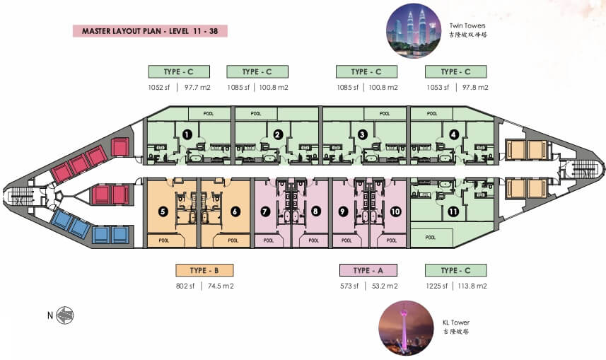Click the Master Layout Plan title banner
(149, 32)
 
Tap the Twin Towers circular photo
(414, 32)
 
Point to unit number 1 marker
(187, 133)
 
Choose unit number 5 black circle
(163, 210)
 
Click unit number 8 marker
(316, 210)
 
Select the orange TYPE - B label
(204, 269)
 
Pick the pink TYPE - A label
(368, 269)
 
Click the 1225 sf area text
(436, 286)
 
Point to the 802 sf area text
(187, 286)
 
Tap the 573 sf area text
(351, 286)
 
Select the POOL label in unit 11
(431, 238)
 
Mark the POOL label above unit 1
(208, 113)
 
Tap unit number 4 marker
(453, 134)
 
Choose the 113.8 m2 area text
(474, 286)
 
